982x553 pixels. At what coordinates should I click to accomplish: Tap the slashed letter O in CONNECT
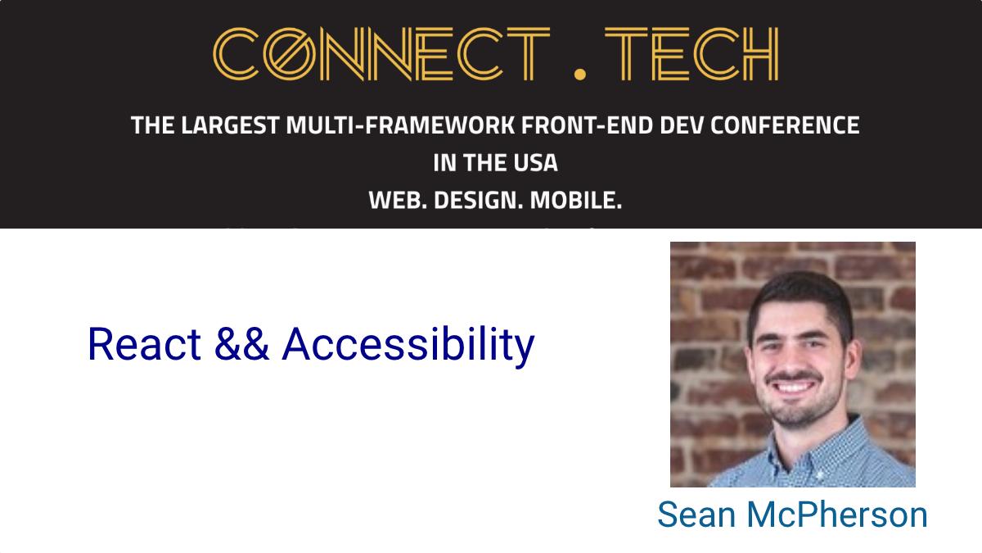coord(290,53)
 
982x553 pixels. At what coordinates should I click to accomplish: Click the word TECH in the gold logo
coord(691,53)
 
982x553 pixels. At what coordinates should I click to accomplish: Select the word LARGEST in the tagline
coord(230,125)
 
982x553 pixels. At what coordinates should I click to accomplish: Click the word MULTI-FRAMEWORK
coord(400,125)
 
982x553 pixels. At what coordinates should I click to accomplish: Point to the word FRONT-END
coord(588,125)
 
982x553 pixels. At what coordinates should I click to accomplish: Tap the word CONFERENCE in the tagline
coord(785,125)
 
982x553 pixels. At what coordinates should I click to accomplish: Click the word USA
coord(535,163)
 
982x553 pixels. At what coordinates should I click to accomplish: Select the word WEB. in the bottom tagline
coord(398,200)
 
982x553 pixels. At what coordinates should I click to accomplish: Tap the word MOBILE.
coord(576,200)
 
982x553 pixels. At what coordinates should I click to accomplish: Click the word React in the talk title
coord(144,344)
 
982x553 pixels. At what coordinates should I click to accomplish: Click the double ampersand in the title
coord(241,344)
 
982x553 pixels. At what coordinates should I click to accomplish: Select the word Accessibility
coord(408,347)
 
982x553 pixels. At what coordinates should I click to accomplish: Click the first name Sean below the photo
coord(696,514)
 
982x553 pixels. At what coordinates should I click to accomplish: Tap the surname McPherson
coord(837,514)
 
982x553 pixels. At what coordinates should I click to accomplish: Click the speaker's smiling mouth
coord(793,387)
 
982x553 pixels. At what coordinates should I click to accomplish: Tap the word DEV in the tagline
coord(682,125)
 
